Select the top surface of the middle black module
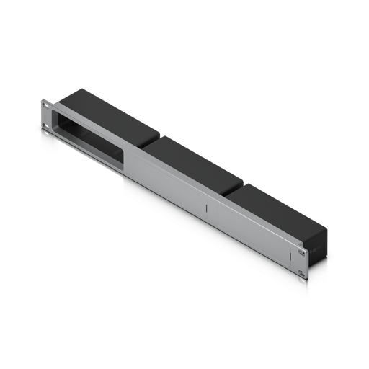coord(189,159)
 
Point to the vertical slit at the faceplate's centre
coord(206,210)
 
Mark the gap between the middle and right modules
coord(231,189)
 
